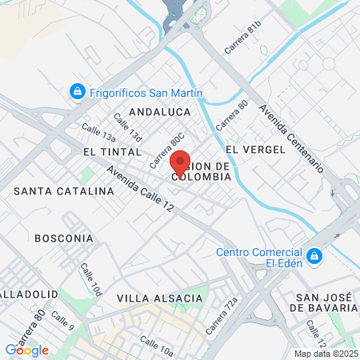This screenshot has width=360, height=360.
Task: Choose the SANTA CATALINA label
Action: pyautogui.click(x=64, y=192)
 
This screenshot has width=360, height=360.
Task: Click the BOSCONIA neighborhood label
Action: pyautogui.click(x=64, y=238)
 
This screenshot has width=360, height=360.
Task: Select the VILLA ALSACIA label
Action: pyautogui.click(x=159, y=298)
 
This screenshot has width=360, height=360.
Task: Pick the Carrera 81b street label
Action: pyautogui.click(x=243, y=38)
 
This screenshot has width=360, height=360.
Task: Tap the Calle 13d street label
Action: pyautogui.click(x=128, y=126)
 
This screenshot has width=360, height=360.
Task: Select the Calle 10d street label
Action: pyautogui.click(x=91, y=280)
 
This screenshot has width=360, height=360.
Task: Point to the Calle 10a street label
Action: pyautogui.click(x=156, y=346)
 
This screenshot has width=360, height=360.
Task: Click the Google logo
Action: pyautogui.click(x=26, y=350)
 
